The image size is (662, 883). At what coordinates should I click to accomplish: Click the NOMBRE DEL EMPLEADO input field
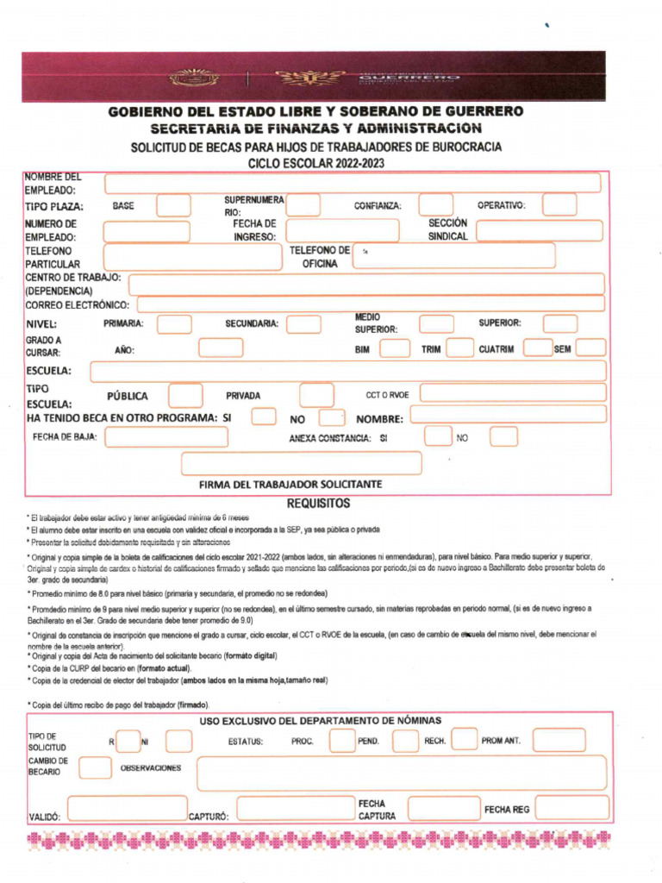pos(353,183)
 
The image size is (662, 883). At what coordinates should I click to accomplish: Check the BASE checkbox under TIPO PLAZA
pos(173,205)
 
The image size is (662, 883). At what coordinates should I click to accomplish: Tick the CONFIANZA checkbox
pos(435,205)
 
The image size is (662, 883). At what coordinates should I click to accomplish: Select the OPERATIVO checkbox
pos(559,205)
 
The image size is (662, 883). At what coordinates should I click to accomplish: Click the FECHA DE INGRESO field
pos(342,230)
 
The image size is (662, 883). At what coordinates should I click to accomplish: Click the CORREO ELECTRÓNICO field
pos(371,304)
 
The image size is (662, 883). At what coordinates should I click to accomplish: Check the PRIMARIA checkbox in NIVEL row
pos(174,324)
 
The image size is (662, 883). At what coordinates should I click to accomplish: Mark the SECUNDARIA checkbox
pos(303,324)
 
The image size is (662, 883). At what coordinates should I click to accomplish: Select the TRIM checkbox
pos(459,348)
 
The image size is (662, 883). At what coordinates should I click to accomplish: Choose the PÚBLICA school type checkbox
pos(185,396)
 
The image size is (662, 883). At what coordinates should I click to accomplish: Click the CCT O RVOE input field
pos(512,393)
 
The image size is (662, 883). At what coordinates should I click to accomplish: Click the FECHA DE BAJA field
pos(166,437)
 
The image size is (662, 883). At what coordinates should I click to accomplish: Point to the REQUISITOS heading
pos(318,503)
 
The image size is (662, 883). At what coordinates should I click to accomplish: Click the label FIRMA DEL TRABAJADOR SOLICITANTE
pos(290,485)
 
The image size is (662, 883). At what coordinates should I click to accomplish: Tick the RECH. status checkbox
pos(464,740)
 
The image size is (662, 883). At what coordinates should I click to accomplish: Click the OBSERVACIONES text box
pos(401,773)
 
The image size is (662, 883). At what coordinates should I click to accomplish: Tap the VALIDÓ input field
pos(126,809)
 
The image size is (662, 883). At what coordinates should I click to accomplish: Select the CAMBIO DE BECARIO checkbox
pos(95,767)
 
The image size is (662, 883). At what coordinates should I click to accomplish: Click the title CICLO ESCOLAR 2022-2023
pos(315,163)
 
